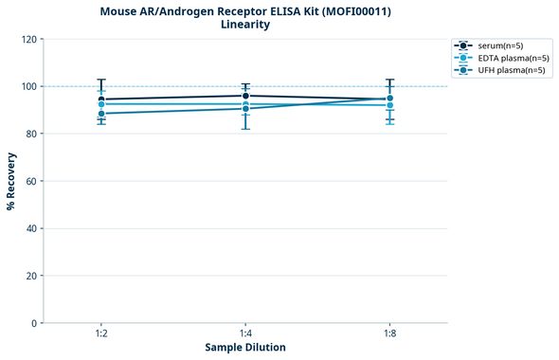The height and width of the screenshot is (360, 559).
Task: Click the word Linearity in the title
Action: pos(244,25)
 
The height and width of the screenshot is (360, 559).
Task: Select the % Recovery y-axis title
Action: pos(11,181)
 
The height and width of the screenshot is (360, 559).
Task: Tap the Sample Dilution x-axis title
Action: pos(244,348)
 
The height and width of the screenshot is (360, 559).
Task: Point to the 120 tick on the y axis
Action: pos(29,39)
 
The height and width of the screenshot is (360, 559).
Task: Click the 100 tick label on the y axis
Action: pos(29,86)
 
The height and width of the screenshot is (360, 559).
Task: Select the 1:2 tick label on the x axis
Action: pos(100,333)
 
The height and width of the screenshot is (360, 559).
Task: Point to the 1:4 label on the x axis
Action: pos(245,333)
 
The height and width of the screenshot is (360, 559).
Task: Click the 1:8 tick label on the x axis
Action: pos(389,333)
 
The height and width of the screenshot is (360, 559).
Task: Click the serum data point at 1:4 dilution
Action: pos(245,96)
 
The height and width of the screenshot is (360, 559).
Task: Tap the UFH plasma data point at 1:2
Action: pos(101,114)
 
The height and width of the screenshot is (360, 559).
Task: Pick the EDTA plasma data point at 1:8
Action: pos(389,105)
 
